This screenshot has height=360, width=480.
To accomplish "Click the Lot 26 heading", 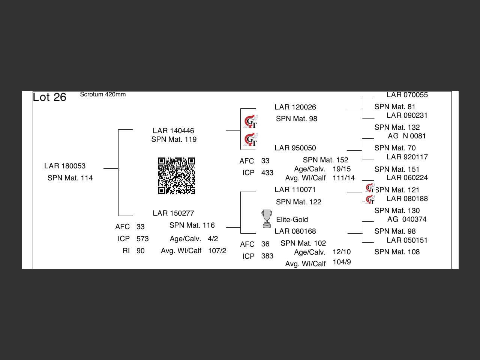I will pyautogui.click(x=49, y=97).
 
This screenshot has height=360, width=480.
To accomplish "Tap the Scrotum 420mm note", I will pyautogui.click(x=103, y=94).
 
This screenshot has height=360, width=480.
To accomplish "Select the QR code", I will pyautogui.click(x=177, y=176).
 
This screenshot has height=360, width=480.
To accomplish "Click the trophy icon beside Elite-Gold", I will pyautogui.click(x=267, y=219).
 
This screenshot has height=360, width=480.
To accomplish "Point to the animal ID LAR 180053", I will pyautogui.click(x=65, y=166).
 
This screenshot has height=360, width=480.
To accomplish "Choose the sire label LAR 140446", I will pyautogui.click(x=173, y=130).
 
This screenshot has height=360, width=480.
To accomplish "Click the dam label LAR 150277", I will pyautogui.click(x=173, y=213).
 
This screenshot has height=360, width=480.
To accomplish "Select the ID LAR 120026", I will pyautogui.click(x=295, y=107).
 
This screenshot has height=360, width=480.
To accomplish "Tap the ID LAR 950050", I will pyautogui.click(x=295, y=148).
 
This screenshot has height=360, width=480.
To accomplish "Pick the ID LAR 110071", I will pyautogui.click(x=295, y=189).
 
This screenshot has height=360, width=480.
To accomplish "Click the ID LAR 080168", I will pyautogui.click(x=295, y=231).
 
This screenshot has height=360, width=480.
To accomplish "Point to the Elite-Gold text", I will pyautogui.click(x=292, y=219).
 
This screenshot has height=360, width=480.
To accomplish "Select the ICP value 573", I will pyautogui.click(x=142, y=238).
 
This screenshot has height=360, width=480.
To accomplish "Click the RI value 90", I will pyautogui.click(x=141, y=250).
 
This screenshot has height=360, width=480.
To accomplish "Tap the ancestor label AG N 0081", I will pyautogui.click(x=407, y=136).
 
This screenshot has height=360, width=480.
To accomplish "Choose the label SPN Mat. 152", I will pyautogui.click(x=325, y=160).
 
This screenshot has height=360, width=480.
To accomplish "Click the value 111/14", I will pyautogui.click(x=343, y=178).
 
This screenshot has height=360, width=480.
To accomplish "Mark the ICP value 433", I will pyautogui.click(x=267, y=172).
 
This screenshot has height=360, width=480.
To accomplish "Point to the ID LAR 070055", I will pyautogui.click(x=407, y=95).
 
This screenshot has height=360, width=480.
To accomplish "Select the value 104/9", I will pyautogui.click(x=342, y=262).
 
